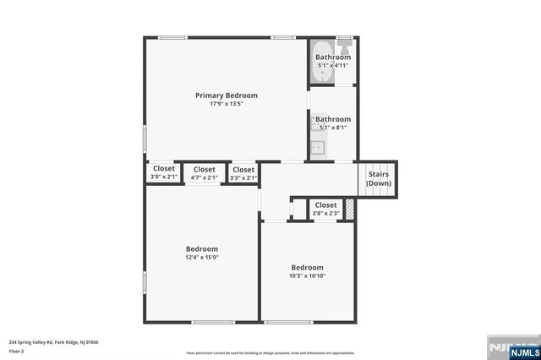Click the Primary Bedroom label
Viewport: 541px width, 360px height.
[x=226, y=95]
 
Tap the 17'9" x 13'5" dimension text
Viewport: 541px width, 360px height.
[x=226, y=104]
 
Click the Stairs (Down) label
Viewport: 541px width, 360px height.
[x=378, y=178]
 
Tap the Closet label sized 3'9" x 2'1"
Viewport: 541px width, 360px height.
[x=164, y=168]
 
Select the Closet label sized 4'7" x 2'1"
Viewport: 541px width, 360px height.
[x=204, y=168]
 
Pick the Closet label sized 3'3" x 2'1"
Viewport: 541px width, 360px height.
[x=243, y=168]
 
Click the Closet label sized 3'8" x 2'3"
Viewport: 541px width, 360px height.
[x=325, y=205]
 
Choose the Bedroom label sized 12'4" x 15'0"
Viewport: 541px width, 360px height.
[x=202, y=248]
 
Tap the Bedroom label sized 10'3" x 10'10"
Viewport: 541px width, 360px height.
[x=307, y=266]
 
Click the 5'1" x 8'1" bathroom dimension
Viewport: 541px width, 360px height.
[x=333, y=128]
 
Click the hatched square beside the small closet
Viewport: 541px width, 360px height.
[x=348, y=208]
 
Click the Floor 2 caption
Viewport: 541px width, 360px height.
[x=17, y=351]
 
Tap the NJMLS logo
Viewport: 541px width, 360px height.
[x=510, y=348]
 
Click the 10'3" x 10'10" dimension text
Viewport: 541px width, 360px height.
[x=307, y=275]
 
